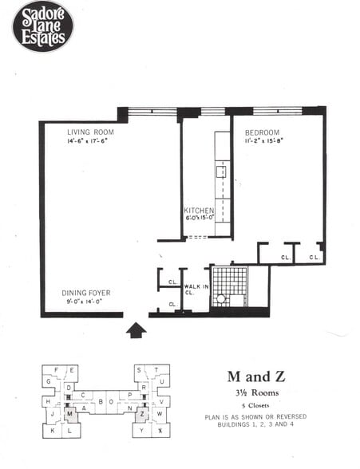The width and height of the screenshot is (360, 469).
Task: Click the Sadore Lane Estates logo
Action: (x=42, y=26)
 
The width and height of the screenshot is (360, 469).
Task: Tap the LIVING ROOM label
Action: (x=89, y=132)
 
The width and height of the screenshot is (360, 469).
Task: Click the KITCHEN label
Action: (x=199, y=211)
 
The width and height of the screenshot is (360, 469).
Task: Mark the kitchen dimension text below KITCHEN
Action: (x=199, y=219)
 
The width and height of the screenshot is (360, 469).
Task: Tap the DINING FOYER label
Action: (x=86, y=293)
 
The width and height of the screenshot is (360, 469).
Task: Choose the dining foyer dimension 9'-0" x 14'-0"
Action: (x=86, y=302)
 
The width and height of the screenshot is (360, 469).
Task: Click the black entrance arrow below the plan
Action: (x=136, y=329)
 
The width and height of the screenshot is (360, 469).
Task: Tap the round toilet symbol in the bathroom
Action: (x=220, y=299)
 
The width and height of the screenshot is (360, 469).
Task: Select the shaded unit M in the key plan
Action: (x=70, y=414)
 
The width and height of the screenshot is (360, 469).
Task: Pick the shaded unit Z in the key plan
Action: (x=141, y=414)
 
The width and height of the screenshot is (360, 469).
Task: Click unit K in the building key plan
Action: (x=51, y=431)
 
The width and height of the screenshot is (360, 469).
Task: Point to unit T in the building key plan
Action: (x=157, y=370)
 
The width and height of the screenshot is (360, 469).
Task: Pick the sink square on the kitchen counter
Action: (x=221, y=171)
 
